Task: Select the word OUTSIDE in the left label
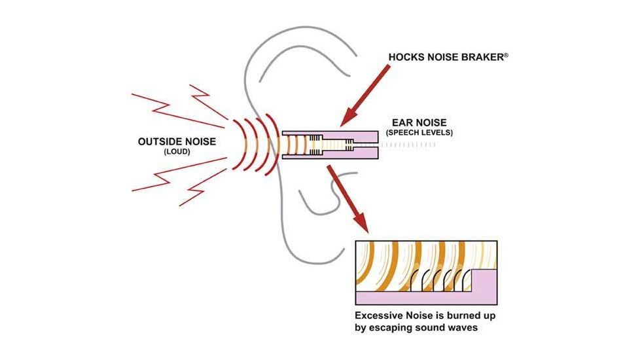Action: click(157, 141)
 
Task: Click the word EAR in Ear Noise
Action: click(402, 122)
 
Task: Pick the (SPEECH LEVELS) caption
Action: click(419, 133)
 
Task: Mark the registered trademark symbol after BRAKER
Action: click(506, 56)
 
